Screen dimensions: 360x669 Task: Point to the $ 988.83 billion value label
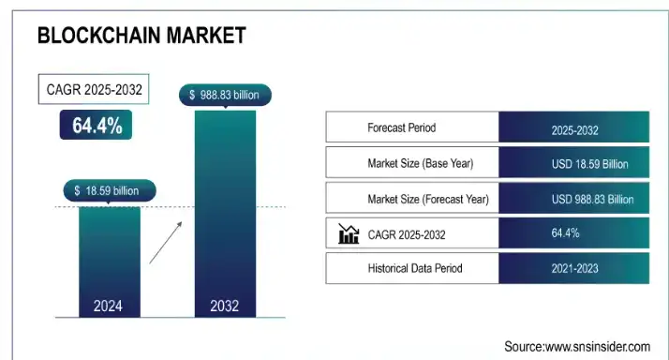pyautogui.click(x=225, y=95)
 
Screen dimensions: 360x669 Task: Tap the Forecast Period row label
pyautogui.click(x=401, y=127)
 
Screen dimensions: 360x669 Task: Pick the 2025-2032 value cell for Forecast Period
pyautogui.click(x=574, y=128)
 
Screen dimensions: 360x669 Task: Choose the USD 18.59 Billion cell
pyautogui.click(x=574, y=164)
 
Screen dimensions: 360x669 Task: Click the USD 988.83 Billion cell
pyautogui.click(x=574, y=199)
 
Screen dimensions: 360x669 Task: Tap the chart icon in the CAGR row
pyautogui.click(x=349, y=233)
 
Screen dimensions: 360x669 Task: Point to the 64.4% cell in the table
pyautogui.click(x=574, y=233)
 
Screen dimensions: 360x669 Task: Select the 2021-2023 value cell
pyautogui.click(x=574, y=269)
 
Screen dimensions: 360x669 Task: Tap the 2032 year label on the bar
pyautogui.click(x=225, y=306)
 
